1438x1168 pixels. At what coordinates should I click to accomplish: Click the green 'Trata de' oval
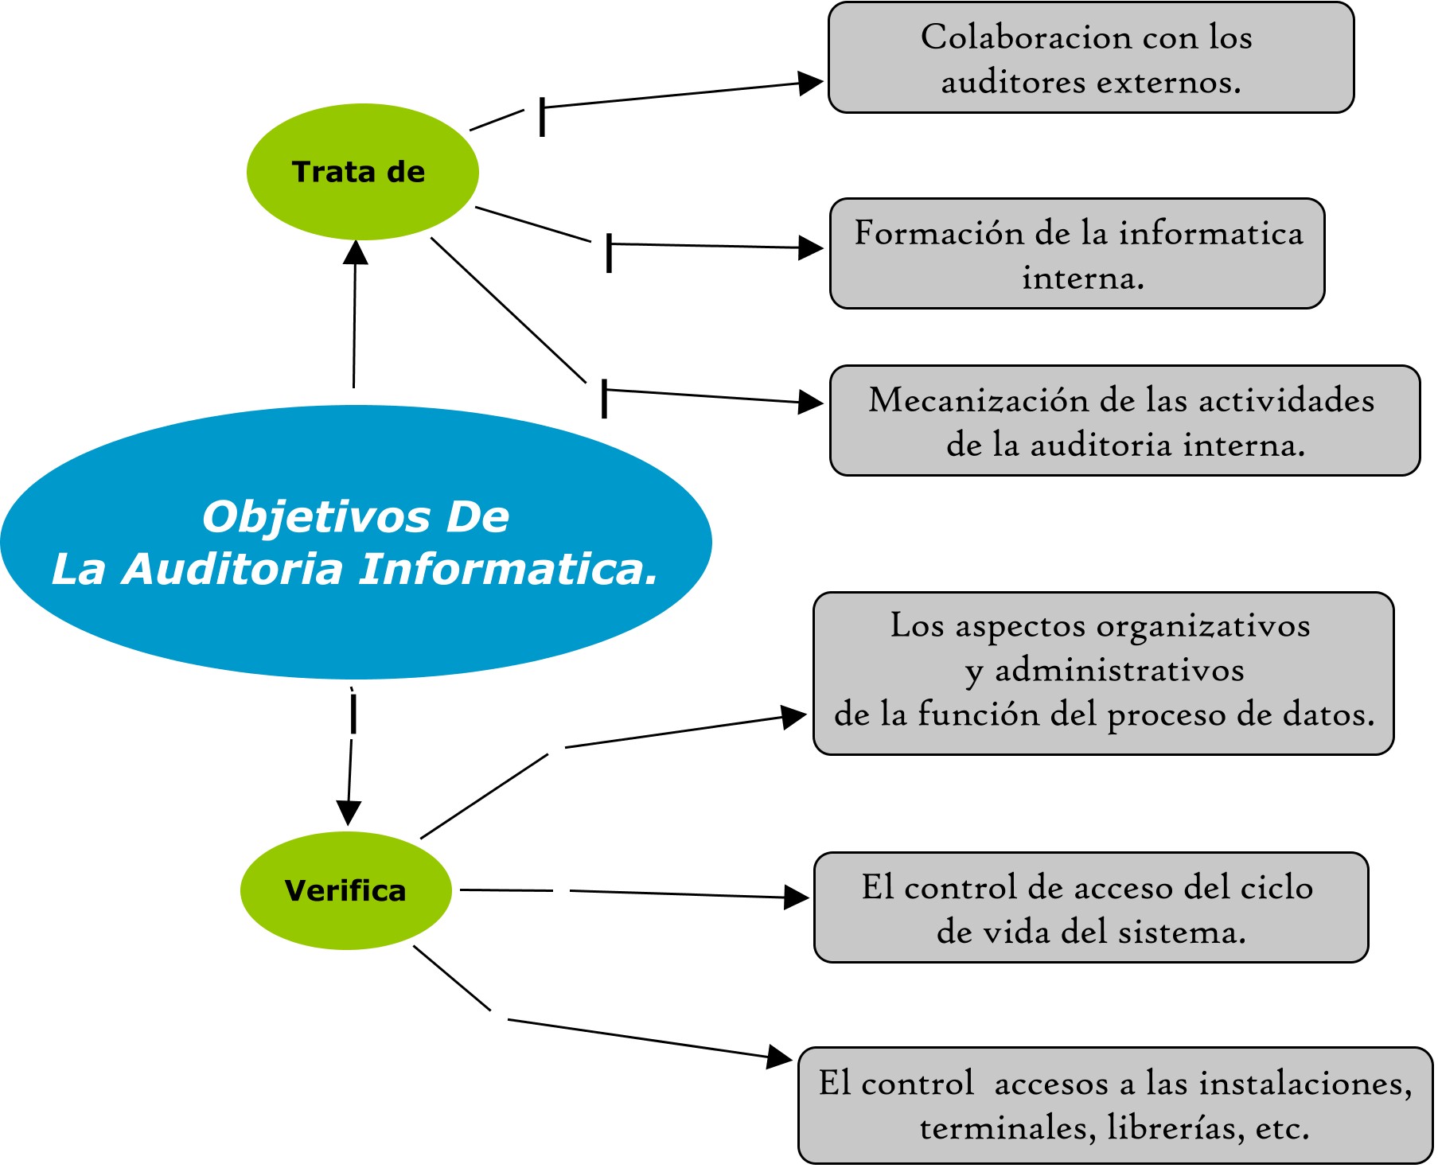pyautogui.click(x=363, y=172)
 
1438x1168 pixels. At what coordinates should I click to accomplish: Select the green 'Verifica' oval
pyautogui.click(x=346, y=890)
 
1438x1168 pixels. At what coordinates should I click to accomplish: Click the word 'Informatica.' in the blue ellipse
pyautogui.click(x=509, y=569)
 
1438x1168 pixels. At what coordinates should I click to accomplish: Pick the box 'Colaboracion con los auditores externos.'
pyautogui.click(x=1091, y=57)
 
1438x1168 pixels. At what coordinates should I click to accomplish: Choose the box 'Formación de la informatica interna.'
pyautogui.click(x=1078, y=253)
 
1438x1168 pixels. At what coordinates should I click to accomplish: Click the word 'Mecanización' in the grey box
pyautogui.click(x=978, y=400)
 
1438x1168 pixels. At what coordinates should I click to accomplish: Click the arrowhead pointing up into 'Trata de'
pyautogui.click(x=355, y=251)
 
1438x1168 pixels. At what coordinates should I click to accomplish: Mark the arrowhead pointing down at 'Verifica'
pyautogui.click(x=348, y=813)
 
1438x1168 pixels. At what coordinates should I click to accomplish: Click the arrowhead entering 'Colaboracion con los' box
pyautogui.click(x=811, y=83)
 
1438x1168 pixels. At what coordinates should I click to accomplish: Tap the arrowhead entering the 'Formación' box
pyautogui.click(x=811, y=247)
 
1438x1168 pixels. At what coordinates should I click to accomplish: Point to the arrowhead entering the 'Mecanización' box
pyautogui.click(x=811, y=402)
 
